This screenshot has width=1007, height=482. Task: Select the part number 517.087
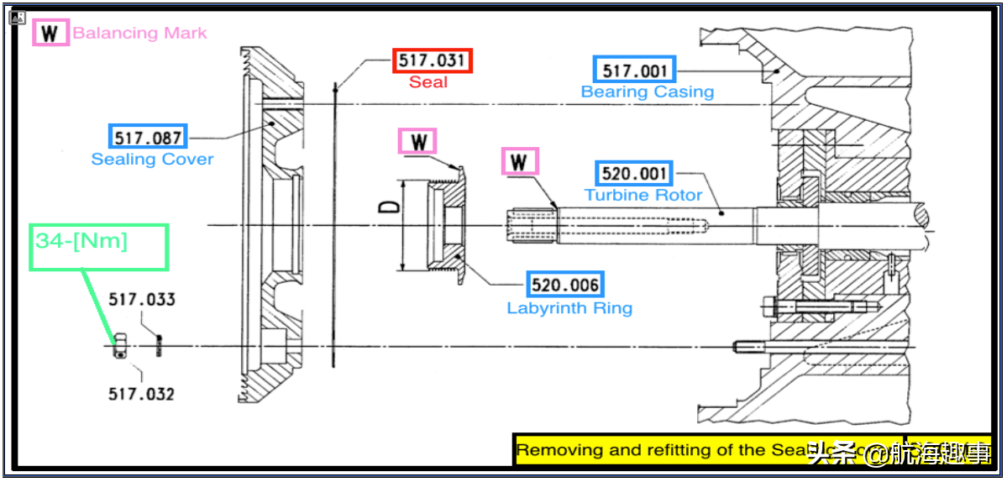click(148, 136)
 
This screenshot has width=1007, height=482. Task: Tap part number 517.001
click(634, 71)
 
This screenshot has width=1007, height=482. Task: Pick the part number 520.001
click(634, 174)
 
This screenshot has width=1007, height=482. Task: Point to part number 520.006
click(565, 285)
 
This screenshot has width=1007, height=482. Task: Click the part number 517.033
click(141, 300)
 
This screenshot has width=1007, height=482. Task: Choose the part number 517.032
click(141, 394)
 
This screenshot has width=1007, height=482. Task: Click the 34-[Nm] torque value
click(81, 241)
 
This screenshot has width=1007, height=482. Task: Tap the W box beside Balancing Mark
click(50, 34)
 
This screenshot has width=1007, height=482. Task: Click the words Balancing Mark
click(139, 34)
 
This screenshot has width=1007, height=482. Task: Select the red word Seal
click(428, 82)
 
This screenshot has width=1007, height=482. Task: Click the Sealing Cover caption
click(152, 159)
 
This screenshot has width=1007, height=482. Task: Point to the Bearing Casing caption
click(648, 92)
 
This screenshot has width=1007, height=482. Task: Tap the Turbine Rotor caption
click(643, 195)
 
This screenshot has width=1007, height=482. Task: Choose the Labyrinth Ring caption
click(569, 308)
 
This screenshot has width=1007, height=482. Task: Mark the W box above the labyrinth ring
click(418, 141)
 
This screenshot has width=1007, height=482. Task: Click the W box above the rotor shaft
click(520, 161)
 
